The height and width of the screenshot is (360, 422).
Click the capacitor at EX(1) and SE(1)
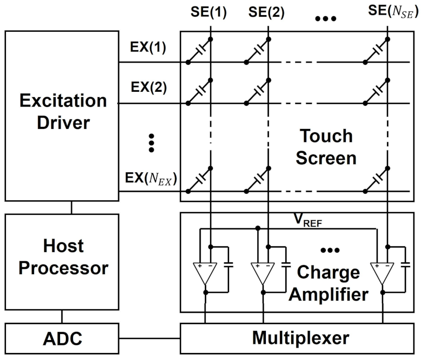[x=199, y=51]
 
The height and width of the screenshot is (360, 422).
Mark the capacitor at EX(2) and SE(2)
[x=259, y=92]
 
